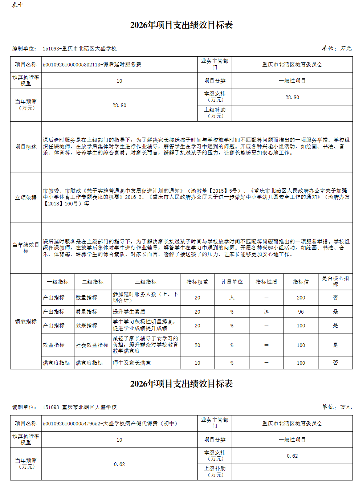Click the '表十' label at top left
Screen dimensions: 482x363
tap(17, 5)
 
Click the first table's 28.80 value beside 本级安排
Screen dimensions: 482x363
tap(292, 97)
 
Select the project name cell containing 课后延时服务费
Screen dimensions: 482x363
tap(92, 65)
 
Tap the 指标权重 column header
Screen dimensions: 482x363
tap(197, 282)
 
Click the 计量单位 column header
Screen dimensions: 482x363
tap(232, 282)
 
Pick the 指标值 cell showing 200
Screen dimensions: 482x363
tap(301, 298)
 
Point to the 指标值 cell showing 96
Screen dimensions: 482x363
tap(301, 312)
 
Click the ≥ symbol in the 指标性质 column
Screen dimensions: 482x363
tap(266, 312)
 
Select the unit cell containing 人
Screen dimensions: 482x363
tap(232, 298)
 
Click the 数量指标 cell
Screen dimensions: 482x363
tap(86, 298)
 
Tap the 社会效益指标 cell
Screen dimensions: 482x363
tap(92, 345)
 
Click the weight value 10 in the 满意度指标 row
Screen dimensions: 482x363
tap(197, 363)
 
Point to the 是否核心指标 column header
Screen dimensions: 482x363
tap(335, 281)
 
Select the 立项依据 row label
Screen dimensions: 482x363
tap(26, 198)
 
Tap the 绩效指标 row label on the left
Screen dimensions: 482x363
tap(26, 322)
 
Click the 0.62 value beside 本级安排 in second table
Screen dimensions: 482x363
tap(292, 456)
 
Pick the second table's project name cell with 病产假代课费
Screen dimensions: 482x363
tap(110, 424)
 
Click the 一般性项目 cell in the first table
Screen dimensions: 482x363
tap(292, 81)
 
